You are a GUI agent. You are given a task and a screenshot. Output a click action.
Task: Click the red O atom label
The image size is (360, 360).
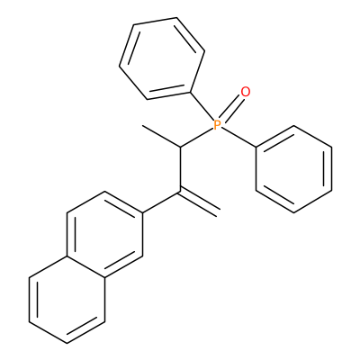[246, 92]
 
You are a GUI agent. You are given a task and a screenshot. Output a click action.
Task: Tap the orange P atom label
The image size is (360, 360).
[217, 124]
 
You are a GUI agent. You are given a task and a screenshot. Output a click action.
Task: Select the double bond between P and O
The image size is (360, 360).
[231, 108]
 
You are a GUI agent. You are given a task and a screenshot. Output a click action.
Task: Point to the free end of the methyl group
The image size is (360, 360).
[142, 125]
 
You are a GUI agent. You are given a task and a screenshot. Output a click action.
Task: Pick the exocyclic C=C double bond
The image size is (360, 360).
[199, 202]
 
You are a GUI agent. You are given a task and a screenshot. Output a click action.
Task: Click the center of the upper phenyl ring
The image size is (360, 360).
[162, 58]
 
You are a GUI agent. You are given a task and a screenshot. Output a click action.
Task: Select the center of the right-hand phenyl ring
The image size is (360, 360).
[294, 169]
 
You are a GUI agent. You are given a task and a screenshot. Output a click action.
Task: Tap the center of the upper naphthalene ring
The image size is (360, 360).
[104, 235]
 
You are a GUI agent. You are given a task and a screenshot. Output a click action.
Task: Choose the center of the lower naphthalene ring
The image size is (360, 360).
[67, 300]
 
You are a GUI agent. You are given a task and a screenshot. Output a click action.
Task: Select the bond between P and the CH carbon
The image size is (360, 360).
[196, 137]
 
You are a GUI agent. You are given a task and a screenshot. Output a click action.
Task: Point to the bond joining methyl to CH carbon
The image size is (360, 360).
[161, 136]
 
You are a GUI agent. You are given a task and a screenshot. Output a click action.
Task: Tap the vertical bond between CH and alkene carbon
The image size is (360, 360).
[180, 169]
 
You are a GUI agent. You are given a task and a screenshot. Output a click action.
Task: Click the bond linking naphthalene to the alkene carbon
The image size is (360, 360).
[161, 202]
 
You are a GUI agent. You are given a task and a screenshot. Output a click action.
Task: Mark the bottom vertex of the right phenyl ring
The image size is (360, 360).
[294, 212]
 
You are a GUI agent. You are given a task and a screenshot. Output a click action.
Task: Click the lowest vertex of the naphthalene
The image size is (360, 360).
[67, 344]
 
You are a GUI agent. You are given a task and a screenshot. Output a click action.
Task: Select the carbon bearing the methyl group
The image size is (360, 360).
[180, 147]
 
